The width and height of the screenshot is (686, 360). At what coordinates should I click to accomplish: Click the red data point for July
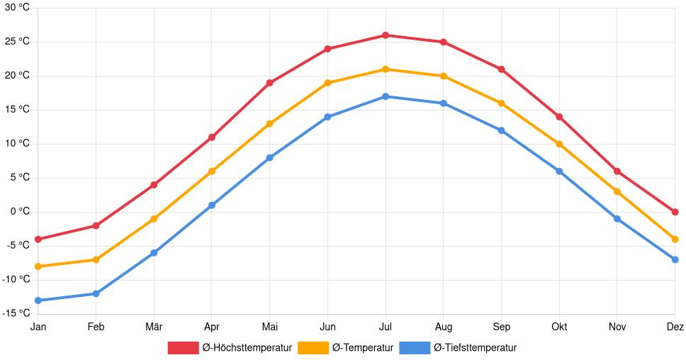pyautogui.click(x=386, y=35)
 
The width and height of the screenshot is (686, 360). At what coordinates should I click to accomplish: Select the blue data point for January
pyautogui.click(x=38, y=300)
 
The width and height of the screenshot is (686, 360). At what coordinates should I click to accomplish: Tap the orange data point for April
pyautogui.click(x=212, y=171)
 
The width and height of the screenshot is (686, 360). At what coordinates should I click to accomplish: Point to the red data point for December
pyautogui.click(x=675, y=212)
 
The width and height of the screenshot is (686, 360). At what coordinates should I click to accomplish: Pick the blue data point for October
pyautogui.click(x=559, y=171)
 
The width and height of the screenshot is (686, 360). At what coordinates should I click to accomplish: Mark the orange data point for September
pyautogui.click(x=501, y=103)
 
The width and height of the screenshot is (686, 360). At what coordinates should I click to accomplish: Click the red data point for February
pyautogui.click(x=96, y=225)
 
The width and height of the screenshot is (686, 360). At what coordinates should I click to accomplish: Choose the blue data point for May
pyautogui.click(x=269, y=157)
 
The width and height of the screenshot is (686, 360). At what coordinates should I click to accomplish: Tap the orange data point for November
pyautogui.click(x=617, y=191)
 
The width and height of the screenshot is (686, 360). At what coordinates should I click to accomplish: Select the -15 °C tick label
pyautogui.click(x=15, y=313)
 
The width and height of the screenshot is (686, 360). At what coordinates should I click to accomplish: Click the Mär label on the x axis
pyautogui.click(x=154, y=327)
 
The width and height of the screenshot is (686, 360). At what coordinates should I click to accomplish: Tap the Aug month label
pyautogui.click(x=443, y=327)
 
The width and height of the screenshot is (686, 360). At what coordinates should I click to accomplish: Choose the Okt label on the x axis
pyautogui.click(x=559, y=327)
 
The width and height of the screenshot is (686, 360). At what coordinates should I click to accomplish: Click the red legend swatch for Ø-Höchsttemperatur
pyautogui.click(x=183, y=348)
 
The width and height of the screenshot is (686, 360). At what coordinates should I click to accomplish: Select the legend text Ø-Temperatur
pyautogui.click(x=362, y=348)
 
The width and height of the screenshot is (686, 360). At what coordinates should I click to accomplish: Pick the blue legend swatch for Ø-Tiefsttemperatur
pyautogui.click(x=415, y=348)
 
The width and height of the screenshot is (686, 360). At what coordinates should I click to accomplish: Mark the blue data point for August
pyautogui.click(x=443, y=103)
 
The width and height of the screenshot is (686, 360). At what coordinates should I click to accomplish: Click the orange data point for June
pyautogui.click(x=327, y=83)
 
